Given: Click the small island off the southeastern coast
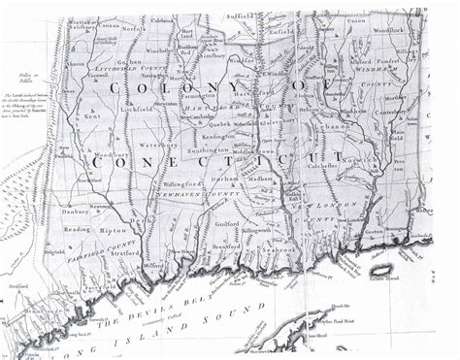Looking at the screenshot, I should [381, 269].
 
